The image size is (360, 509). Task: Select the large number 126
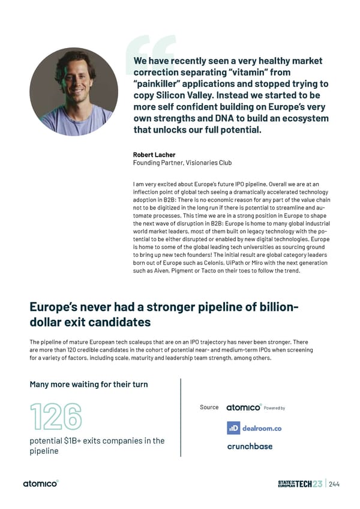pyautogui.click(x=56, y=417)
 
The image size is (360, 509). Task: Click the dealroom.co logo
pyautogui.click(x=254, y=428)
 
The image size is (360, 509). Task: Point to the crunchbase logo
pyautogui.click(x=250, y=446)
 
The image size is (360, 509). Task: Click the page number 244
pyautogui.click(x=335, y=484)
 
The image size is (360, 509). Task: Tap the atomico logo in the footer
pyautogui.click(x=41, y=484)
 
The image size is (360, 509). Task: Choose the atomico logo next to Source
pyautogui.click(x=244, y=408)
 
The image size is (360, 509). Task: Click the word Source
pyautogui.click(x=209, y=408)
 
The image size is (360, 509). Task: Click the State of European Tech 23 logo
pyautogui.click(x=300, y=484)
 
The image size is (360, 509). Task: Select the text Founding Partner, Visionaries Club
pyautogui.click(x=181, y=163)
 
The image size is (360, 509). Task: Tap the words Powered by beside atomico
pyautogui.click(x=274, y=408)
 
